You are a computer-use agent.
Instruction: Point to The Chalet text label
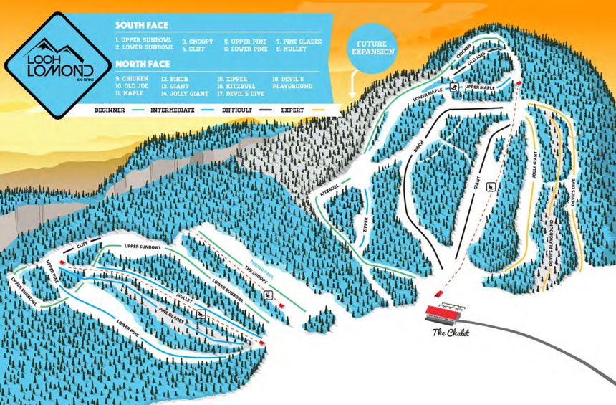[451, 332]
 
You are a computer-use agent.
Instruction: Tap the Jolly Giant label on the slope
[534, 164]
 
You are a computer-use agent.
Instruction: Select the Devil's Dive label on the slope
[574, 194]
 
